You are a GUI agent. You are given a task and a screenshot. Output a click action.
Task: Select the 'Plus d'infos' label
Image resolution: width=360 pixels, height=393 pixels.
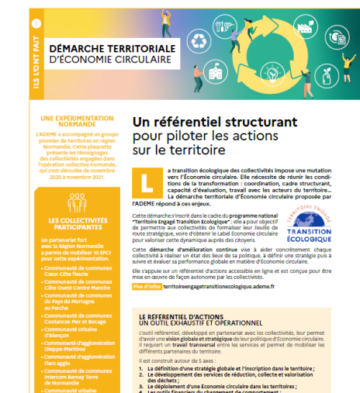point(146,287)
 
